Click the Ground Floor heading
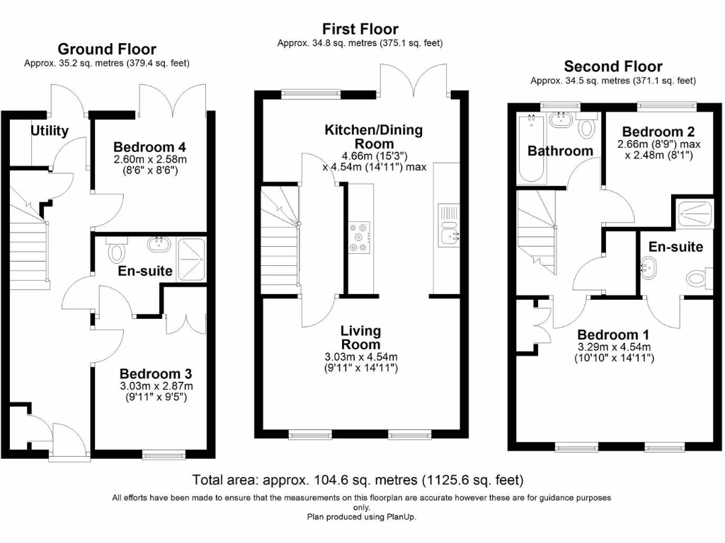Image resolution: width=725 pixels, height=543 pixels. [107, 49]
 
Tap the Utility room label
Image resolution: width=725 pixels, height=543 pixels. [50, 131]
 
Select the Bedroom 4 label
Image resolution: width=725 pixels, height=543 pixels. [149, 147]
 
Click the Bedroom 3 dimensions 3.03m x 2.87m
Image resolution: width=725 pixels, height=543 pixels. [155, 386]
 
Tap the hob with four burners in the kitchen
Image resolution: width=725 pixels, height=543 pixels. [360, 238]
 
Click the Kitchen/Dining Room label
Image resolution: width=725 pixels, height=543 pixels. [373, 136]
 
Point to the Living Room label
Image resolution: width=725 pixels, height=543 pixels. [360, 337]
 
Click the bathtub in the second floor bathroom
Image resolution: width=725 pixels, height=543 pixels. [530, 148]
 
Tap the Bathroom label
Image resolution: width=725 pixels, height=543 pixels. [560, 151]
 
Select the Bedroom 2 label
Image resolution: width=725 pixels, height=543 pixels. [658, 132]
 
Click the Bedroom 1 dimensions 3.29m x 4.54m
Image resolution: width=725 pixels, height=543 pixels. [613, 346]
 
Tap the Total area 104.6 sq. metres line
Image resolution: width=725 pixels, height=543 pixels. [358, 480]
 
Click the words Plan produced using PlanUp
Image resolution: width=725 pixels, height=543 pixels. [362, 517]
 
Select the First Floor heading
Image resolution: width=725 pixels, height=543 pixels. [360, 29]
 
